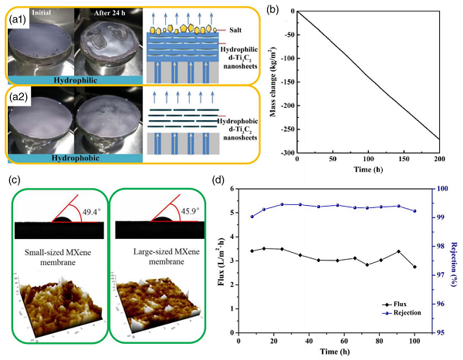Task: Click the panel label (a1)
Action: (x=19, y=17)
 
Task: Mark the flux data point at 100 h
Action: (x=414, y=267)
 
